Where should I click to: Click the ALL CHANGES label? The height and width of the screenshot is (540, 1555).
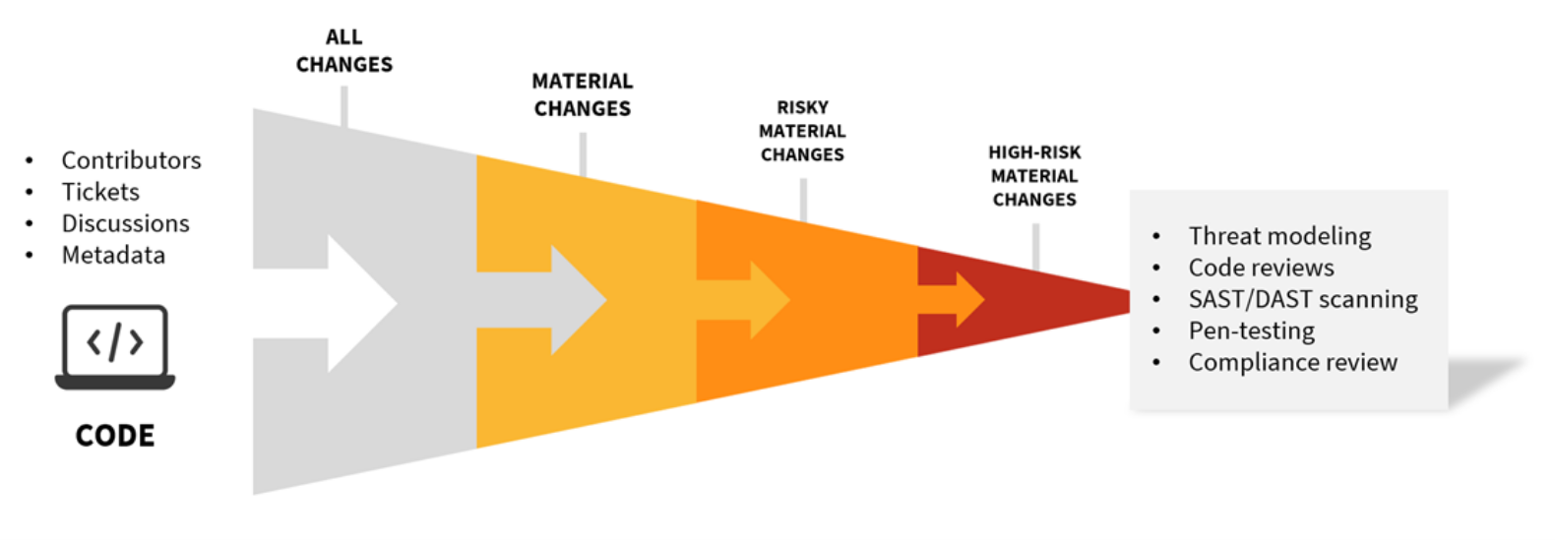pyautogui.click(x=344, y=51)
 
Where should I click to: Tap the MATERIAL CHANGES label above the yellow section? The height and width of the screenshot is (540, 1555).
pyautogui.click(x=583, y=95)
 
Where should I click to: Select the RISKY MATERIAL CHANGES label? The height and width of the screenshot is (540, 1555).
pyautogui.click(x=802, y=131)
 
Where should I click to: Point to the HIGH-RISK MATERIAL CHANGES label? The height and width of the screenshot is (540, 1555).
pyautogui.click(x=1034, y=176)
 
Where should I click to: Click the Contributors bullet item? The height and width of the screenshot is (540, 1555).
pyautogui.click(x=131, y=160)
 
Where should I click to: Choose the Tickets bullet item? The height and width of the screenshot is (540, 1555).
pyautogui.click(x=100, y=192)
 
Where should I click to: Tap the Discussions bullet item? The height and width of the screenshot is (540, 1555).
pyautogui.click(x=125, y=223)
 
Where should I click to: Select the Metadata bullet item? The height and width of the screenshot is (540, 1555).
pyautogui.click(x=113, y=255)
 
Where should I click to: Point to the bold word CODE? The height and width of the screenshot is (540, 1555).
pyautogui.click(x=115, y=436)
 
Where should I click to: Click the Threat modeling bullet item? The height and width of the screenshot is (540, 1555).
pyautogui.click(x=1279, y=236)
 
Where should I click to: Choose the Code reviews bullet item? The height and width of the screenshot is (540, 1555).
pyautogui.click(x=1261, y=268)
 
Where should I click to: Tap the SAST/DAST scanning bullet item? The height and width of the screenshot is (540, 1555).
pyautogui.click(x=1303, y=299)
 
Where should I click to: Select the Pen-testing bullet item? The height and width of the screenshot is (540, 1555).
pyautogui.click(x=1251, y=330)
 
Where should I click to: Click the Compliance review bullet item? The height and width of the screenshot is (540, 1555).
pyautogui.click(x=1292, y=362)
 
